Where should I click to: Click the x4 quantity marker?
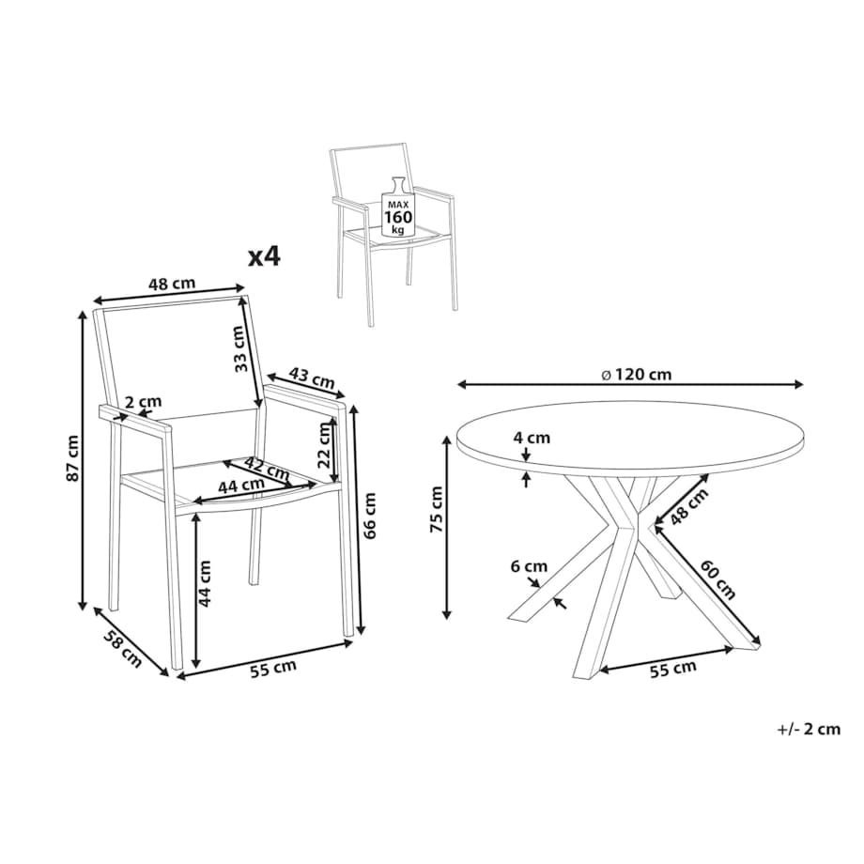(264, 256)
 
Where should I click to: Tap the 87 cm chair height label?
(72, 458)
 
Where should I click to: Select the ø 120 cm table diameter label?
(637, 375)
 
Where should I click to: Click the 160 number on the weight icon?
(398, 216)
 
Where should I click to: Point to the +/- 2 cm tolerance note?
(809, 730)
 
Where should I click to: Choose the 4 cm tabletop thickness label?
(532, 438)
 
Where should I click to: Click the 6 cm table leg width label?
(529, 566)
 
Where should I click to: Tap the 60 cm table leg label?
(718, 579)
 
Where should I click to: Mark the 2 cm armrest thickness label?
(144, 402)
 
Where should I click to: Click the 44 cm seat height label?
(205, 583)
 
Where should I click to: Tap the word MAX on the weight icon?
(398, 204)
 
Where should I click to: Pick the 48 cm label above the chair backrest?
(172, 284)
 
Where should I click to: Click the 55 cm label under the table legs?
(672, 669)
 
